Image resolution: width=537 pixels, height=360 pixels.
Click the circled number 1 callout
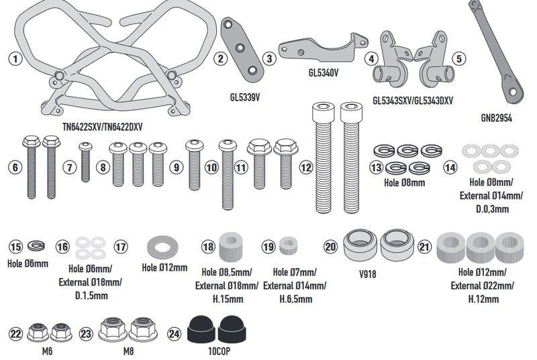[x=14, y=58]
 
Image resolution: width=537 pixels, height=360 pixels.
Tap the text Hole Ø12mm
[x=164, y=267]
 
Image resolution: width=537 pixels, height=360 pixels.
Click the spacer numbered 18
[x=232, y=246]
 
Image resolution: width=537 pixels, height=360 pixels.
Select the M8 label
[x=128, y=350]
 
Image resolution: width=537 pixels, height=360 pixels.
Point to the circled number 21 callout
[x=424, y=247]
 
